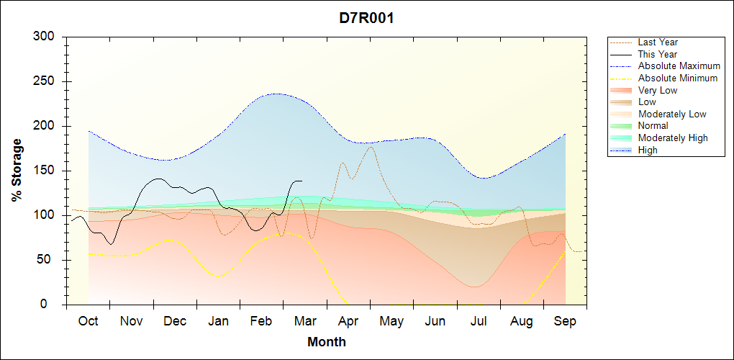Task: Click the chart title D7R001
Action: (x=366, y=18)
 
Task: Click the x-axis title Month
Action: (x=326, y=342)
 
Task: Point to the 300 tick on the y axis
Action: (x=47, y=37)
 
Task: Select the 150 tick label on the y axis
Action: (x=47, y=171)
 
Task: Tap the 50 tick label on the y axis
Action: (x=50, y=260)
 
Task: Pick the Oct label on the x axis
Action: (x=88, y=321)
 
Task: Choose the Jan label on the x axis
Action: (x=218, y=321)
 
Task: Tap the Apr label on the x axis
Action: (x=348, y=321)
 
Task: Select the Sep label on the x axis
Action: (x=565, y=321)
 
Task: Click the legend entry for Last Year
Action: (x=658, y=42)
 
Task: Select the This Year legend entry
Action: (x=658, y=54)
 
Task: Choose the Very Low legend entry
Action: (x=658, y=90)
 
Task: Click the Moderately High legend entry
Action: (x=673, y=138)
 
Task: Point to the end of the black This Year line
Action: (x=302, y=181)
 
